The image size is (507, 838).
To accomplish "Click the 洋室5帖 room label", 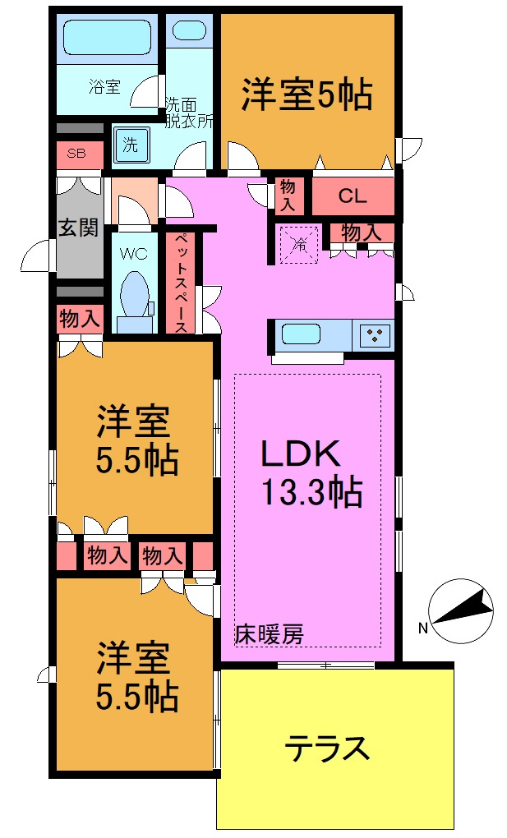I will (307, 94).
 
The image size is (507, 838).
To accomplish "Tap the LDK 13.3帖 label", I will (311, 472).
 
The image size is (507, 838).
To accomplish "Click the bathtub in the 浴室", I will (109, 37).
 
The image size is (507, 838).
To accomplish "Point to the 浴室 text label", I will (104, 86).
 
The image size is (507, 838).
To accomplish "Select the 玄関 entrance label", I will (79, 226).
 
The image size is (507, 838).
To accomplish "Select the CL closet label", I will (352, 196).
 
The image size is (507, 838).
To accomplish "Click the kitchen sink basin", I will (302, 334).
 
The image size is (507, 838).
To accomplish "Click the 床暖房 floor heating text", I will (269, 633).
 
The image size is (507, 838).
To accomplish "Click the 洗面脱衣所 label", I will (189, 113).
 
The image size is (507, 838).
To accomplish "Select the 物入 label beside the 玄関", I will (79, 319).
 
